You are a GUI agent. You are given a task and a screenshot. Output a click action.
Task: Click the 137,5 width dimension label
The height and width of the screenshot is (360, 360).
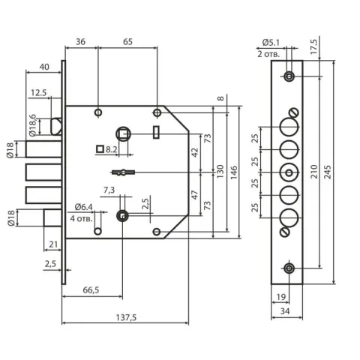126,317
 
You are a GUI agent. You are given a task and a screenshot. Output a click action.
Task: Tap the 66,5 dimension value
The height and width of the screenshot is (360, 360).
91,290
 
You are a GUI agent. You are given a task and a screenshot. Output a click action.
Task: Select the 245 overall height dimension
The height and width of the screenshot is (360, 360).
327,172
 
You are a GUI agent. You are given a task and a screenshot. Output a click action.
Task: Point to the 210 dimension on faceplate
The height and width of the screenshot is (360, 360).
314,172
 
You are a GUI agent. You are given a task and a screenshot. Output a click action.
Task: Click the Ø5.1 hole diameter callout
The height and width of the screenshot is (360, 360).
271,43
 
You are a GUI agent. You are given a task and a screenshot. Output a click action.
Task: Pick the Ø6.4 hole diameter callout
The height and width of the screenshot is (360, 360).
84,207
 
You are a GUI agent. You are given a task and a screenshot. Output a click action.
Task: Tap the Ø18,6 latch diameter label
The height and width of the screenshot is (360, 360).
33,125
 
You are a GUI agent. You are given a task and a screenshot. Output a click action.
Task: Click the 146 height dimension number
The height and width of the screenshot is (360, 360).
233,172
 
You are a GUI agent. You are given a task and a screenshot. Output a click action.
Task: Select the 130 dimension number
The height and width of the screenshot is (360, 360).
220,171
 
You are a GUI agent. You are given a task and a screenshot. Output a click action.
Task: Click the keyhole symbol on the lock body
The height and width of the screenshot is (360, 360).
123,172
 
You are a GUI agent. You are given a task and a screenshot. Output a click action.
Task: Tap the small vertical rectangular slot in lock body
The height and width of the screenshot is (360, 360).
156,132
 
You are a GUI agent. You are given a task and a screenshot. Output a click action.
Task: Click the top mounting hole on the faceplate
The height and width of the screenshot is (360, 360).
289,76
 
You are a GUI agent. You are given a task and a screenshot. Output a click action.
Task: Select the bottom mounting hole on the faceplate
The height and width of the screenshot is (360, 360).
289,268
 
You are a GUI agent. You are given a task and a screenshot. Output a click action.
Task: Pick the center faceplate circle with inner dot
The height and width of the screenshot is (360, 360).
289,172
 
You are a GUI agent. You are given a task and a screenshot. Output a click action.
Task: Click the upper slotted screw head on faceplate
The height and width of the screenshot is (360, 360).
294,112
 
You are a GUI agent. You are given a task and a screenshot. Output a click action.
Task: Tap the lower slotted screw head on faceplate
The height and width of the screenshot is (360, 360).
284,232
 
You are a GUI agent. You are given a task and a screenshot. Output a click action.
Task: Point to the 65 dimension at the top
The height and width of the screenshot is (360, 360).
127,42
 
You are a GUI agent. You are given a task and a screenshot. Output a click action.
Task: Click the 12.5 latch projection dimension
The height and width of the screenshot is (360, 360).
38,93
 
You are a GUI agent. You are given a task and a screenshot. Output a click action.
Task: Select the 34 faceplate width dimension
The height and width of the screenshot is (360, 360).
285,311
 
